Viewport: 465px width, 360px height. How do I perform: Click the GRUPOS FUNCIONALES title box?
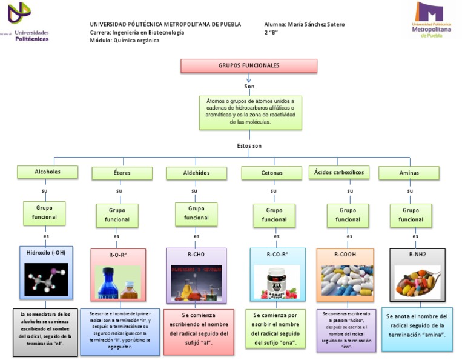click(x=248, y=65)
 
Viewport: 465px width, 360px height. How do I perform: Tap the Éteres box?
click(x=122, y=173)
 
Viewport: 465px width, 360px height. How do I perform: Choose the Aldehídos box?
click(x=196, y=173)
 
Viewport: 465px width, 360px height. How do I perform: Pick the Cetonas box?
click(x=271, y=173)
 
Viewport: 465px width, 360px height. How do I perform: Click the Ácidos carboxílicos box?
click(x=339, y=173)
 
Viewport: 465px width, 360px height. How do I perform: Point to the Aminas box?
click(x=409, y=173)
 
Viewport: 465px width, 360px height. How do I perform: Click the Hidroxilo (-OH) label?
click(x=46, y=253)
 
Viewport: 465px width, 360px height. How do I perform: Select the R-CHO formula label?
click(x=196, y=255)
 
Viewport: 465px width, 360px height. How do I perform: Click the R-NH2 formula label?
click(x=417, y=255)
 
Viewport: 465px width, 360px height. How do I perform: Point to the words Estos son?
click(x=249, y=146)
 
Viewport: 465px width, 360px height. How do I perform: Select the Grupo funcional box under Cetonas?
click(x=274, y=215)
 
